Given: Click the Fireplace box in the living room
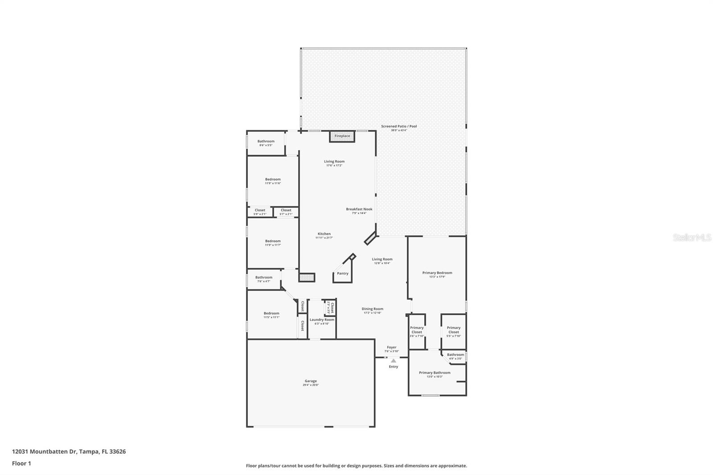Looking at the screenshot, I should tap(342, 136).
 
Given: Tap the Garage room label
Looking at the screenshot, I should tap(311, 381).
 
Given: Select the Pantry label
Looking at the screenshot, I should tap(343, 274).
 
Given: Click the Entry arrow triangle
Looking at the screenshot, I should tap(393, 360).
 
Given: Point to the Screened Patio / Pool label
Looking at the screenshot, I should tap(399, 127).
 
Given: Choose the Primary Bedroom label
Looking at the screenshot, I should tap(437, 273).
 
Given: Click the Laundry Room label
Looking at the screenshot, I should tap(322, 319).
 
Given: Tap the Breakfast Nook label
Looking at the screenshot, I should tap(359, 209).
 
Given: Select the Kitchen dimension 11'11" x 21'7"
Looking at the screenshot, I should tap(324, 238).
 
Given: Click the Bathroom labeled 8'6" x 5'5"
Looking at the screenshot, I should tap(266, 143).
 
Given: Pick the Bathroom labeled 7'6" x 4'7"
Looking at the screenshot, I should tap(264, 279).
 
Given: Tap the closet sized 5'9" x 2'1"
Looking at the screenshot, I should tap(260, 212).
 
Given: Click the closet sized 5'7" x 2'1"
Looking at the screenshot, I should tap(286, 212).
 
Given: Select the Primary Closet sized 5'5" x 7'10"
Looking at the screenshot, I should tap(454, 332).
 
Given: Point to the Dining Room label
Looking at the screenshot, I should tap(372, 309).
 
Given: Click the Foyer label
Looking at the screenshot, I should tap(391, 348).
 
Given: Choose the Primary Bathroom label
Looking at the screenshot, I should tap(434, 373).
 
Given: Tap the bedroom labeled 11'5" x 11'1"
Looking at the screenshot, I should tap(271, 315).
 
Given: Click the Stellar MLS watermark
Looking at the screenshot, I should tap(692, 237).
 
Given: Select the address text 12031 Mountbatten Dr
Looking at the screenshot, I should tap(45, 451).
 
